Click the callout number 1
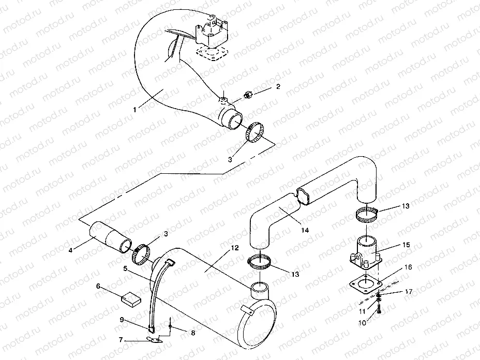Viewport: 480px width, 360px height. pyautogui.click(x=134, y=110)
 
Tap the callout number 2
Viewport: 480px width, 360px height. pyautogui.click(x=278, y=86)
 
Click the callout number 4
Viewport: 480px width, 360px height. pyautogui.click(x=71, y=250)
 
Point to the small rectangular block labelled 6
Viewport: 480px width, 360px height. pyautogui.click(x=131, y=297)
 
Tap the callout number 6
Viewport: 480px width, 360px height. pyautogui.click(x=98, y=286)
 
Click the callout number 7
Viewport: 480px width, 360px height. pyautogui.click(x=121, y=340)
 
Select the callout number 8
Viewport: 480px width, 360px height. pyautogui.click(x=193, y=333)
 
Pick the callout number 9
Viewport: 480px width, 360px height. pyautogui.click(x=122, y=320)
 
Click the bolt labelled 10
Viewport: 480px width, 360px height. pyautogui.click(x=380, y=309)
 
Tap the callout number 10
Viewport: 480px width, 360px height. pyautogui.click(x=362, y=323)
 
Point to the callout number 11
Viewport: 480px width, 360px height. pyautogui.click(x=362, y=311)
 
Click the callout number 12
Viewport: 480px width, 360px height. pyautogui.click(x=235, y=248)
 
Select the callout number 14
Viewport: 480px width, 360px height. pyautogui.click(x=305, y=230)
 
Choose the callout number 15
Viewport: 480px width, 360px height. pyautogui.click(x=406, y=245)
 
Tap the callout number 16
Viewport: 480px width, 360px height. pyautogui.click(x=409, y=267)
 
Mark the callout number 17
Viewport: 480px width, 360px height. pyautogui.click(x=409, y=292)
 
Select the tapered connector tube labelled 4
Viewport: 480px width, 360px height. pyautogui.click(x=110, y=237)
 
